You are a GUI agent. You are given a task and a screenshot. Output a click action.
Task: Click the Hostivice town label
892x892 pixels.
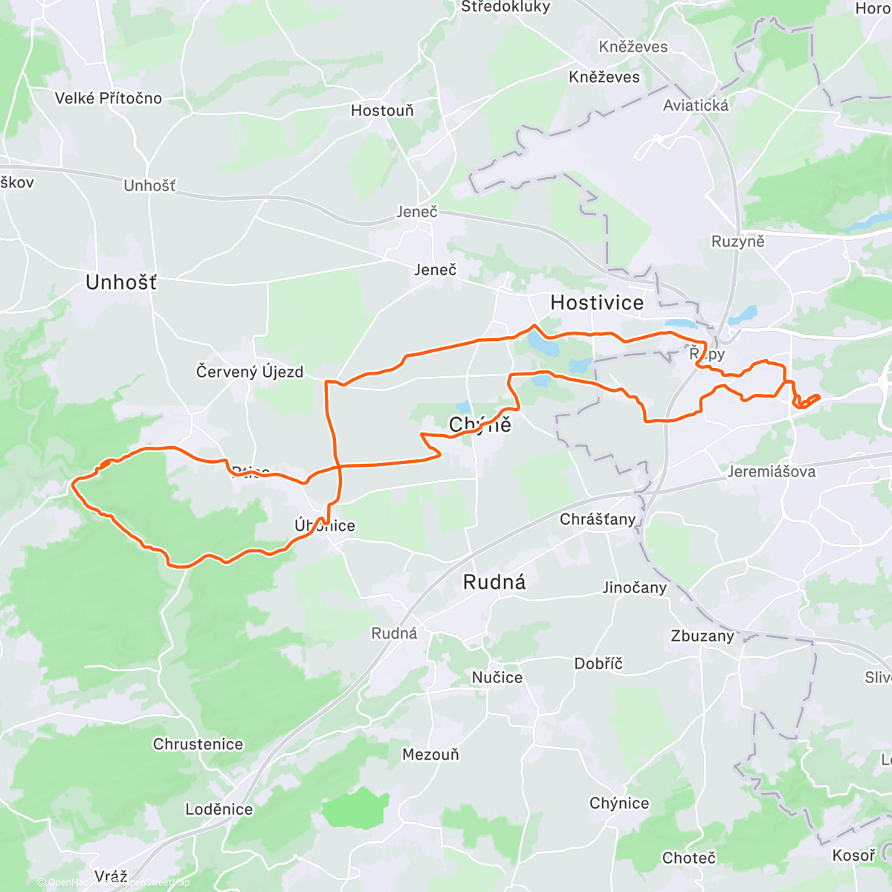pos(596,303)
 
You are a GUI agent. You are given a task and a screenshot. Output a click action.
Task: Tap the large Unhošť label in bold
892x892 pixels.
pos(121,282)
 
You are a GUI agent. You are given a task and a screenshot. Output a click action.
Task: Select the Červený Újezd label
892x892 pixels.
pos(250,372)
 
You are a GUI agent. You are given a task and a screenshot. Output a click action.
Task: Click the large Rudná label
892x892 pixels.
pos(494,582)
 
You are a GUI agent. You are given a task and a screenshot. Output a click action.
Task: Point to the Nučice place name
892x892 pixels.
pos(497,677)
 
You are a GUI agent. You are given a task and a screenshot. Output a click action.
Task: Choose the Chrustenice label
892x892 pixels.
pos(198,744)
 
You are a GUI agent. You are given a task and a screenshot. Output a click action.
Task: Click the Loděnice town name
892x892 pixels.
pos(219,809)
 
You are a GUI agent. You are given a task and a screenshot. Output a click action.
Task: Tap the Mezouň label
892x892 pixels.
pos(430,754)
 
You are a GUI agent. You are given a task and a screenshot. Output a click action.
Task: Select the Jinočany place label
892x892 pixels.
pos(634,588)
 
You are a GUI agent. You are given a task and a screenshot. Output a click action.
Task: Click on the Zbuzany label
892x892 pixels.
pos(702,636)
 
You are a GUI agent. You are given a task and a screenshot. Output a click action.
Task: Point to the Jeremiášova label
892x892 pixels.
pos(771,472)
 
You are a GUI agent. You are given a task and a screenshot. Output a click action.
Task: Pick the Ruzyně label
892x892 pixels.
pos(737,242)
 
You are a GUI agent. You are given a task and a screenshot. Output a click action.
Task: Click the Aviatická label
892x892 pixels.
pos(696,106)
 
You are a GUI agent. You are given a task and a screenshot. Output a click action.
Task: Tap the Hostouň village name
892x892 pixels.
pos(382,111)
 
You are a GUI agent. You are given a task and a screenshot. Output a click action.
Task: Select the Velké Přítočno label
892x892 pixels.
pos(109,98)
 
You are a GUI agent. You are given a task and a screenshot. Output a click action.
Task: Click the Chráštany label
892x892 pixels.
pos(598,520)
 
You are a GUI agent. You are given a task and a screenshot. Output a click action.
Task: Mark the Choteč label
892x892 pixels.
pos(688,858)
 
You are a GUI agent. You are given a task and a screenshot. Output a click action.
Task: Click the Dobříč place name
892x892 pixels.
pos(598,664)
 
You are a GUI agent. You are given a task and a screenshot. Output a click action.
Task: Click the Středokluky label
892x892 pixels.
pos(505,7)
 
